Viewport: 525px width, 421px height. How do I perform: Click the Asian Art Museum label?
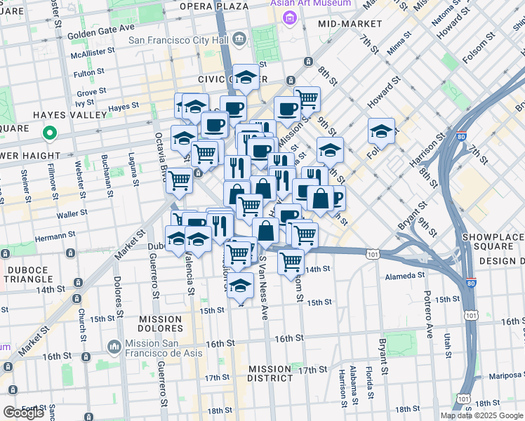311,4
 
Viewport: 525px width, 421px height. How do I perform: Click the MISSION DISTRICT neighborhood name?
270,373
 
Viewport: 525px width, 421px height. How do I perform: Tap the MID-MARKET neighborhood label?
350,24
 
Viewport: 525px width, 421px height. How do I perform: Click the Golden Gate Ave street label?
101,28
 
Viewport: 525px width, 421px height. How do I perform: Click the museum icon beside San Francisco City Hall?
239,37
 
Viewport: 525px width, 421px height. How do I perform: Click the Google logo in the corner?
24,413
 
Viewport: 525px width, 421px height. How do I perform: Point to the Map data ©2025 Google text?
481,415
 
